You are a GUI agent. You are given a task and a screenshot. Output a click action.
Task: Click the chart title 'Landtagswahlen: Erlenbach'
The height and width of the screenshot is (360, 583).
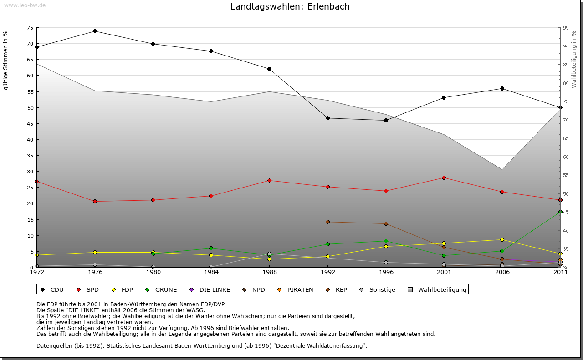290,7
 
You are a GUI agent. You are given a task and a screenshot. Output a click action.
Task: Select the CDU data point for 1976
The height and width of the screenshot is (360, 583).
95,31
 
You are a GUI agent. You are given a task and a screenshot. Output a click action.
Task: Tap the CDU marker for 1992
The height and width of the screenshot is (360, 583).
327,118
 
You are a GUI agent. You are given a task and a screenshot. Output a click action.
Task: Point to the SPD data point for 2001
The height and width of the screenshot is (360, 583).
444,177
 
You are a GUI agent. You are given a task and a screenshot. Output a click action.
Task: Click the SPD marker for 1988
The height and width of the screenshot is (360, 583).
270,180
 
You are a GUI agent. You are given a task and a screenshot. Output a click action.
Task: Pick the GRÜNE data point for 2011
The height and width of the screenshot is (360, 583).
560,212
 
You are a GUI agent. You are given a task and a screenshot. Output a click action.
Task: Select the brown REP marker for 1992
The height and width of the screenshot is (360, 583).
327,222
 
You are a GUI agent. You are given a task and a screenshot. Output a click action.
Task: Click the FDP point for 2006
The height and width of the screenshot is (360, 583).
502,239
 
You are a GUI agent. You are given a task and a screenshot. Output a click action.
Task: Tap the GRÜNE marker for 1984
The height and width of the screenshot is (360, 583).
211,248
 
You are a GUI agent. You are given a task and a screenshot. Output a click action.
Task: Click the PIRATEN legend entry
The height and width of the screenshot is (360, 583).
296,289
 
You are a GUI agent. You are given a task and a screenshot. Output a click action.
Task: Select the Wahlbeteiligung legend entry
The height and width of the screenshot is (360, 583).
438,289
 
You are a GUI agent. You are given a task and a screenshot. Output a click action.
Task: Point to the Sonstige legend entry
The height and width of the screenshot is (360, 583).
378,289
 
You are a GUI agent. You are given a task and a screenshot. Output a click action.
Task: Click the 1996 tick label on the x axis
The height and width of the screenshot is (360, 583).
386,272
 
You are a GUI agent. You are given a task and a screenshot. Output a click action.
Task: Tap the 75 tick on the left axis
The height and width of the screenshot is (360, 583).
30,28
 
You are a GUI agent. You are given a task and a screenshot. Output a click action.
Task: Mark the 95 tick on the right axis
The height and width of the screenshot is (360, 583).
566,28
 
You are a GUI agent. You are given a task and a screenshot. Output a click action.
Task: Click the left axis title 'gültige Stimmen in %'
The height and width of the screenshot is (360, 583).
6,60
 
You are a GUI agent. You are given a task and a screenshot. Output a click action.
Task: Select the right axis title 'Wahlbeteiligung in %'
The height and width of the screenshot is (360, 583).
574,59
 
